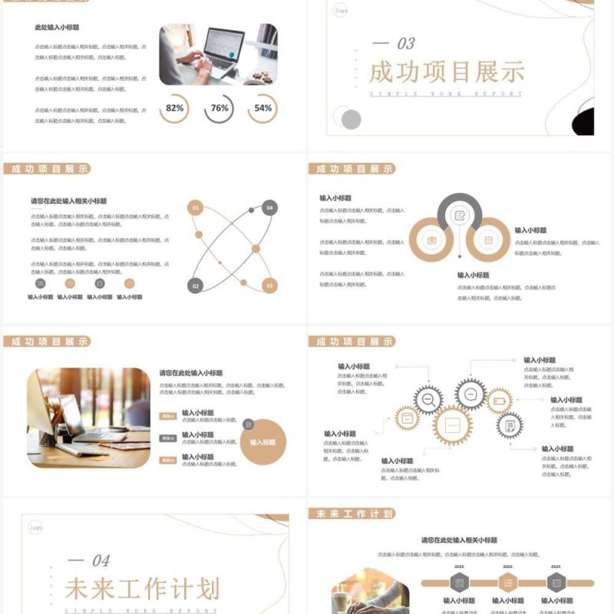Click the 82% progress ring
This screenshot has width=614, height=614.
pyautogui.click(x=174, y=108)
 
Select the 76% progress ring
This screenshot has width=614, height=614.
pyautogui.click(x=220, y=108)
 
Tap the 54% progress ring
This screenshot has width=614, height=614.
pyautogui.click(x=262, y=108)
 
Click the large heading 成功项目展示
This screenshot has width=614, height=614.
pyautogui.click(x=447, y=72)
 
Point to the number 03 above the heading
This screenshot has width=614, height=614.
pyautogui.click(x=404, y=44)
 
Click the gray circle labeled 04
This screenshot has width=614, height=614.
pyautogui.click(x=269, y=207)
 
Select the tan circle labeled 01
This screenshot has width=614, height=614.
pyautogui.click(x=196, y=207)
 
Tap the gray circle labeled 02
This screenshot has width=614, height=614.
pyautogui.click(x=196, y=286)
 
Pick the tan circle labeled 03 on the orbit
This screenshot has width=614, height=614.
pyautogui.click(x=269, y=286)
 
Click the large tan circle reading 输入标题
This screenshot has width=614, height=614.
pyautogui.click(x=263, y=442)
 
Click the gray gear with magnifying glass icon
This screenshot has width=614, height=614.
pyautogui.click(x=428, y=399)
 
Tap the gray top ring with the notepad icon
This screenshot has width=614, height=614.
pyautogui.click(x=459, y=216)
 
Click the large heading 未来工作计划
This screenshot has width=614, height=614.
pyautogui.click(x=142, y=589)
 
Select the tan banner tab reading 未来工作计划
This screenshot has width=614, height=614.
pyautogui.click(x=352, y=513)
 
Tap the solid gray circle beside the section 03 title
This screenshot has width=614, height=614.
pyautogui.click(x=351, y=119)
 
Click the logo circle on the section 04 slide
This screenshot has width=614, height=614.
pyautogui.click(x=36, y=528)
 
